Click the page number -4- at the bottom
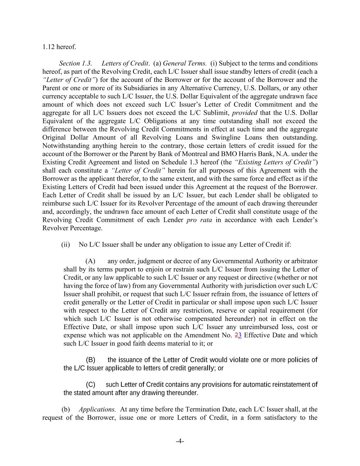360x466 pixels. (x=180, y=441)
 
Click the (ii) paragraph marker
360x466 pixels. (x=66, y=245)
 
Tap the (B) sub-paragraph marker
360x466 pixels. (x=90, y=360)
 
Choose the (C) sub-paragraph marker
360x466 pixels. (x=90, y=385)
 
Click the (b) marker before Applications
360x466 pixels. (x=66, y=409)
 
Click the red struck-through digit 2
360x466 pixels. (x=237, y=335)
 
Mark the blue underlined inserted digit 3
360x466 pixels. (x=240, y=335)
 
